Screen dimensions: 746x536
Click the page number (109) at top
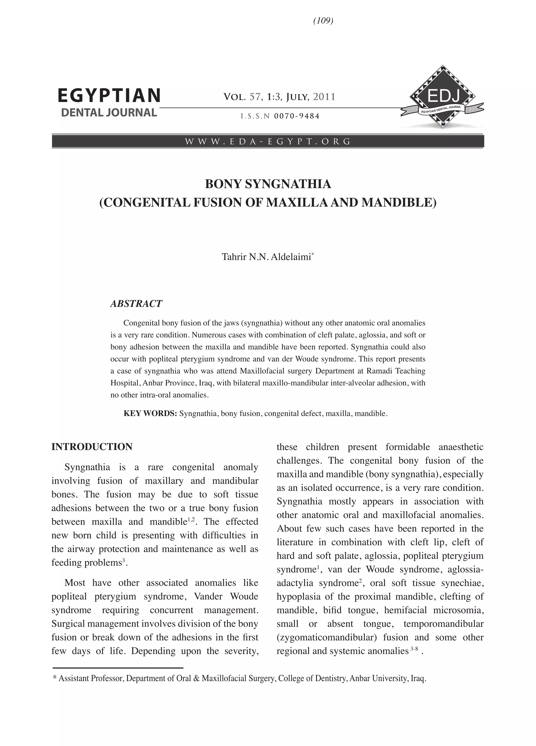click(323, 21)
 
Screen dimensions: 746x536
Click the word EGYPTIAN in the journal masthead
click(109, 96)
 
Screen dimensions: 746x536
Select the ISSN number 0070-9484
click(297, 116)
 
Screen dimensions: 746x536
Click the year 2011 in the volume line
click(324, 97)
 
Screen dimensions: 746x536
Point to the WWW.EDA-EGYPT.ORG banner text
click(268, 142)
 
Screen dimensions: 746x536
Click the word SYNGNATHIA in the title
click(288, 184)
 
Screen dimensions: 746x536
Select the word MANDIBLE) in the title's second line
click(399, 202)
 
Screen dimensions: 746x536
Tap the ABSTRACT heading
click(136, 304)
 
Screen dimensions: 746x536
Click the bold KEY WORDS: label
click(150, 413)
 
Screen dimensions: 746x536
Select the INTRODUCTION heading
click(92, 447)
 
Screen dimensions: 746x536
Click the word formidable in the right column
click(407, 447)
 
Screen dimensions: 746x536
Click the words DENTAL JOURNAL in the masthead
click(109, 112)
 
